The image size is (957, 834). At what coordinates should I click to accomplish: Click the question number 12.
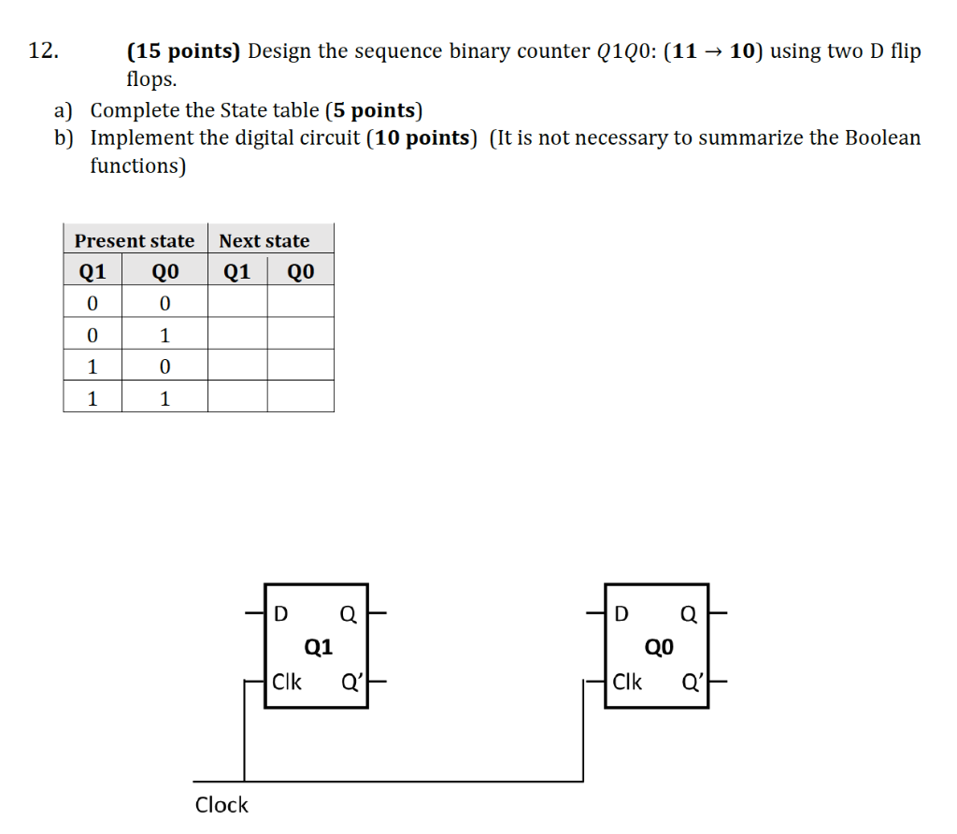[43, 51]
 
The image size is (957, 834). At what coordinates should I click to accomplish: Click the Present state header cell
[135, 240]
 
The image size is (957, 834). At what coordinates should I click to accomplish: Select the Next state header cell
[264, 240]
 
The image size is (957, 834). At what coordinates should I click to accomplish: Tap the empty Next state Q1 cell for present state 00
[237, 303]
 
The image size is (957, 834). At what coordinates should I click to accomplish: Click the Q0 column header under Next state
[300, 272]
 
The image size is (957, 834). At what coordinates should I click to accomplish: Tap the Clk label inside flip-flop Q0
[627, 682]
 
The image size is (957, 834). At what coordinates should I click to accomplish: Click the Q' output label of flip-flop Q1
[352, 682]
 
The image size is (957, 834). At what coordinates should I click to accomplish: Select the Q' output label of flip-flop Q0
[693, 682]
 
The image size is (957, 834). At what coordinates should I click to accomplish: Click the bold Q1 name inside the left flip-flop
[319, 647]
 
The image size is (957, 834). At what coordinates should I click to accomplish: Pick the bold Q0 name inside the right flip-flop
[659, 647]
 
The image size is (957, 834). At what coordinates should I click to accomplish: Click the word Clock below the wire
[221, 805]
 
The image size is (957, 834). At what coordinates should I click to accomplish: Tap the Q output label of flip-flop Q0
[690, 614]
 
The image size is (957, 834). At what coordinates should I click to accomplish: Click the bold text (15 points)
[184, 51]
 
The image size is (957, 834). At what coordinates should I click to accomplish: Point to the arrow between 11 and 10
[713, 51]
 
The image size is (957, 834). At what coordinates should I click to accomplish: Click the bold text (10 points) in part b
[423, 138]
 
